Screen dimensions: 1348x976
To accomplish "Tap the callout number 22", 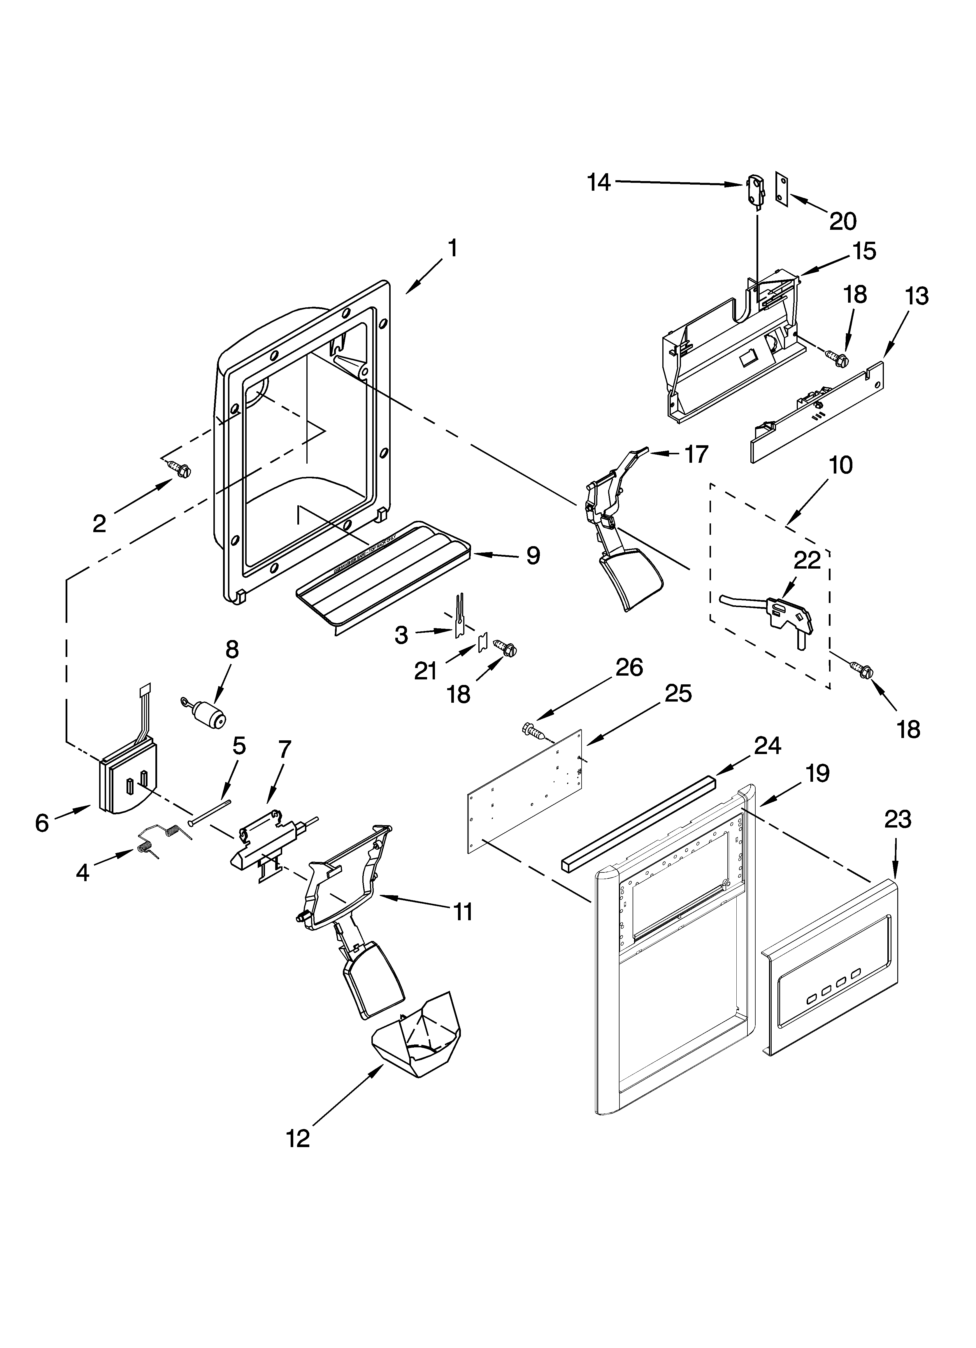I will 807,560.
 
